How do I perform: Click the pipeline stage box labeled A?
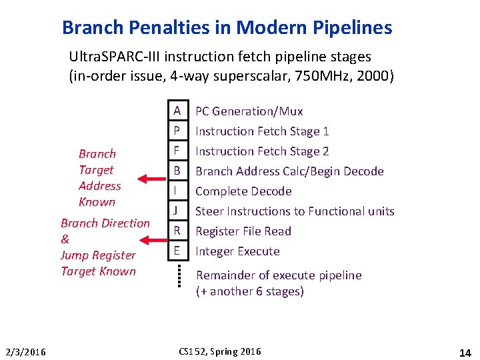click(x=177, y=111)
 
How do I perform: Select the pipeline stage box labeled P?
click(x=177, y=131)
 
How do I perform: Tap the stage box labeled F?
click(x=177, y=151)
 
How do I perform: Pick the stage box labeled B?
click(x=177, y=171)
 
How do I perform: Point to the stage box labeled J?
click(x=177, y=211)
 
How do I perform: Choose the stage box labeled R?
click(x=177, y=231)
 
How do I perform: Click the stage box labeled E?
click(x=177, y=251)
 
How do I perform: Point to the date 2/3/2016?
click(x=25, y=352)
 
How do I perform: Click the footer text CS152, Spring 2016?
click(x=220, y=351)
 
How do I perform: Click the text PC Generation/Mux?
click(x=249, y=111)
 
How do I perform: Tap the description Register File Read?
click(x=243, y=231)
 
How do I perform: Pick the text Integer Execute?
click(x=237, y=251)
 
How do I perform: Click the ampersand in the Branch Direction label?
click(x=65, y=239)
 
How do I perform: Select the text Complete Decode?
click(x=243, y=191)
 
